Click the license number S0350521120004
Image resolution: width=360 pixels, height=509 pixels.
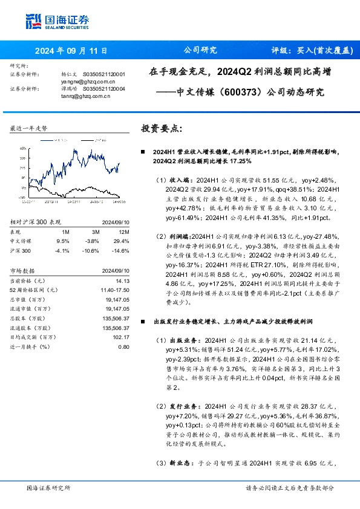(104, 88)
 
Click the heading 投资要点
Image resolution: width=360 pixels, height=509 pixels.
(161, 129)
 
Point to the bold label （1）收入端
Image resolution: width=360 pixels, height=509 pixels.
(176, 180)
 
